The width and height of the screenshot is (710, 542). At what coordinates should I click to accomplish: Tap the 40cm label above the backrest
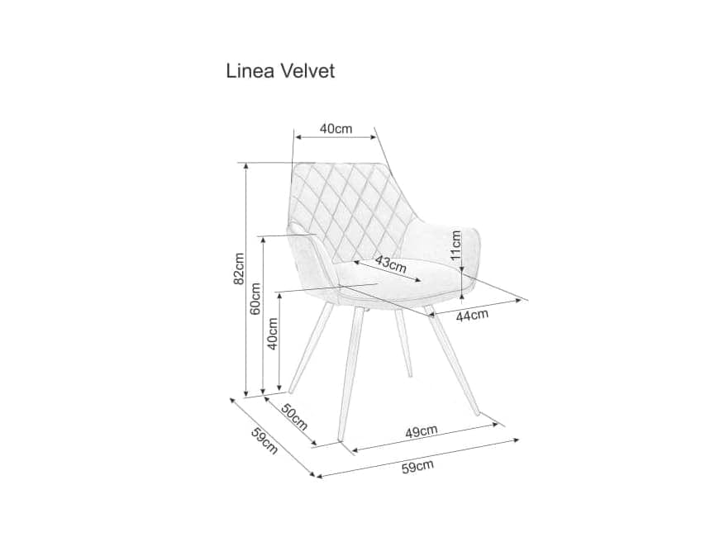click(336, 128)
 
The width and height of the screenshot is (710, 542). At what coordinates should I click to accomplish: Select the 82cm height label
click(238, 268)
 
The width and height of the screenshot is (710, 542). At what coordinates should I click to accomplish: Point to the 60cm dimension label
click(255, 299)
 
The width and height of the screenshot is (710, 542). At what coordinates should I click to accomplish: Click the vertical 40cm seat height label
click(273, 334)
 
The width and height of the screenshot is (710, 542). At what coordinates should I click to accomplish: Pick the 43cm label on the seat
click(390, 264)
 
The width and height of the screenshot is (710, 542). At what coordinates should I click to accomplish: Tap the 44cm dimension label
click(472, 314)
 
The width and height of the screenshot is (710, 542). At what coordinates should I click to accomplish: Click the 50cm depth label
click(293, 417)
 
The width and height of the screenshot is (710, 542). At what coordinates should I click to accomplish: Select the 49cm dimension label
click(422, 430)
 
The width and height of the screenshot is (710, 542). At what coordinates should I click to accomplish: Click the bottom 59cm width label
click(417, 468)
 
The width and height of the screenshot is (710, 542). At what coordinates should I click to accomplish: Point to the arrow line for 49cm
click(426, 439)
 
